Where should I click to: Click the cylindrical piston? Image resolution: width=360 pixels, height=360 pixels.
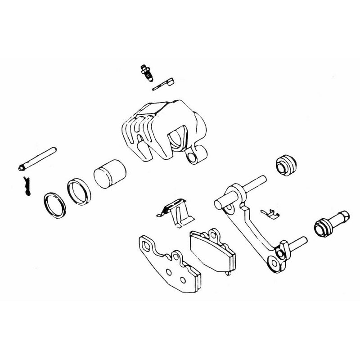pyautogui.click(x=108, y=173)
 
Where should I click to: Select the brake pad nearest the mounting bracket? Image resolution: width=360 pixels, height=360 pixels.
pyautogui.click(x=211, y=252)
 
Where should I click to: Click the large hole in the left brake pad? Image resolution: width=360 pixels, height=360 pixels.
pyautogui.click(x=148, y=246)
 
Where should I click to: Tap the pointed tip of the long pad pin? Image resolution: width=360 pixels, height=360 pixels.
pyautogui.click(x=22, y=169)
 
